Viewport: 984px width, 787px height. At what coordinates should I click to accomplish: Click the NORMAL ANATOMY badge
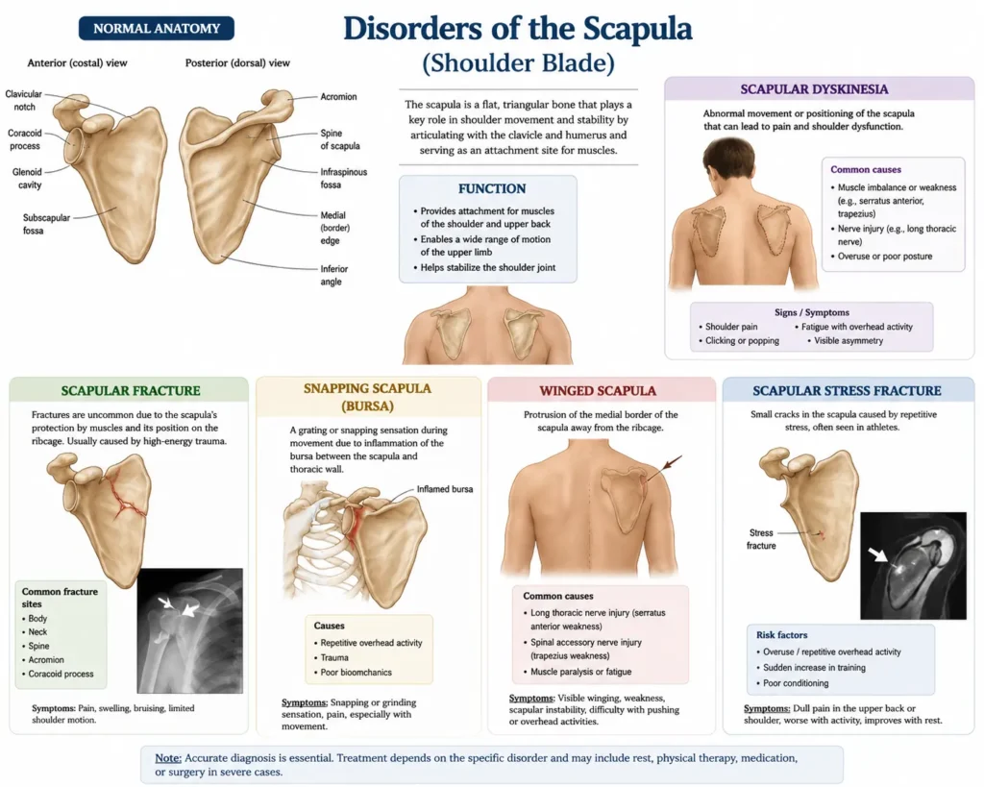(157, 28)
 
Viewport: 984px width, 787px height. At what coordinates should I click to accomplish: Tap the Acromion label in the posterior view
(338, 97)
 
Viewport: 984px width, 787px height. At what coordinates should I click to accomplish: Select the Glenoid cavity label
(27, 178)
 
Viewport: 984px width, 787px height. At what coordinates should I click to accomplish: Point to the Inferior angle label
(333, 275)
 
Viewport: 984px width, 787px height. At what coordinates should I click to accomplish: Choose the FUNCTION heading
(492, 189)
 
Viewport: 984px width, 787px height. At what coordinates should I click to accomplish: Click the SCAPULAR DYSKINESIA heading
(814, 89)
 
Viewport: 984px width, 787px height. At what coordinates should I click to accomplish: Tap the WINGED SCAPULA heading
(598, 391)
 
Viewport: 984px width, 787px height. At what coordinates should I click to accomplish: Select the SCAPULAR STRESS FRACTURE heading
(847, 391)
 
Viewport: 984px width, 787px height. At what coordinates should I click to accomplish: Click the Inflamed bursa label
(445, 489)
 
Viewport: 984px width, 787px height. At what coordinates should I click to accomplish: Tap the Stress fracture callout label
(761, 539)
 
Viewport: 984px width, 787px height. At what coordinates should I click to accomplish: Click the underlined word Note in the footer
(168, 758)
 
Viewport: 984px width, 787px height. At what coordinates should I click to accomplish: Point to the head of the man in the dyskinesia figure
(729, 163)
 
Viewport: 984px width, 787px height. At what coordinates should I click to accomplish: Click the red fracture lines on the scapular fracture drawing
(126, 497)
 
